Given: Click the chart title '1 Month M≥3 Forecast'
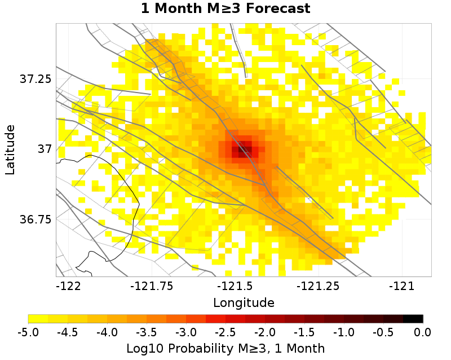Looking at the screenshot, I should [225, 9].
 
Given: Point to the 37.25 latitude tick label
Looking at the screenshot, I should [36, 78].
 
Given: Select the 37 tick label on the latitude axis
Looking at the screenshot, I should [44, 149].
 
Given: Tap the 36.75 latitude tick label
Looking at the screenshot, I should [36, 219].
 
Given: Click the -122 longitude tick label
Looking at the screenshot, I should [68, 286].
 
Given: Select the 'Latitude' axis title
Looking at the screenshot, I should [10, 150].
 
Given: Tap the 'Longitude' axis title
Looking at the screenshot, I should [244, 303].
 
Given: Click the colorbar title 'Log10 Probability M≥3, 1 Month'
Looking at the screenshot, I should [225, 346].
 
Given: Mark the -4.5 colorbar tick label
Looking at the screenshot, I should [68, 332].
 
